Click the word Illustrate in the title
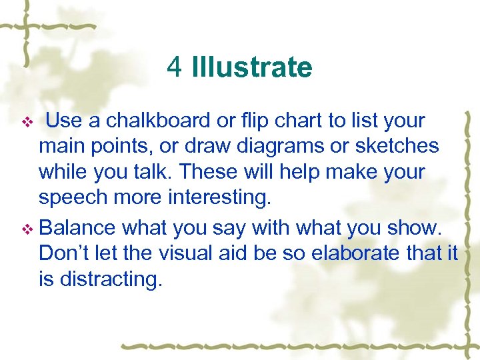251,67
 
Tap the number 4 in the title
175,67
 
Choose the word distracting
111,279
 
